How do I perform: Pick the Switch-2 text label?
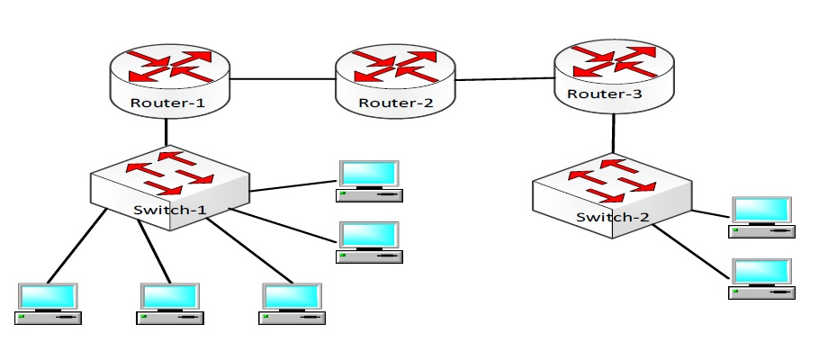click(611, 218)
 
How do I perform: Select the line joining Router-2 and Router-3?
click(505, 79)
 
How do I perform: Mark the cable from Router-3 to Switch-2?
click(615, 135)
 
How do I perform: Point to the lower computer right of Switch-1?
click(370, 241)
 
